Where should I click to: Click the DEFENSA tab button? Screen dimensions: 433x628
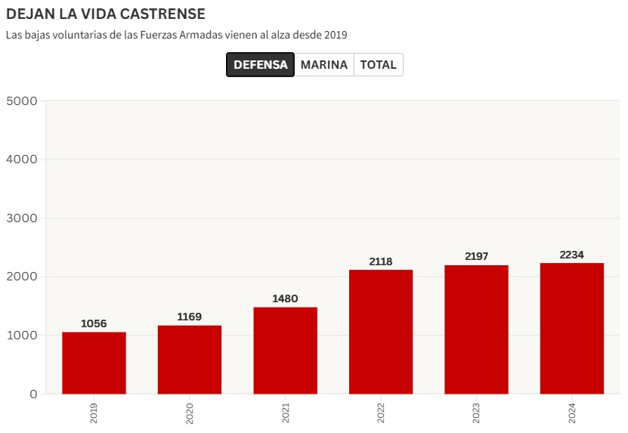[x=260, y=65]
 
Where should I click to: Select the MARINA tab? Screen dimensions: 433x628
[x=323, y=65]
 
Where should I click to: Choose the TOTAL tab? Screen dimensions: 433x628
[x=378, y=65]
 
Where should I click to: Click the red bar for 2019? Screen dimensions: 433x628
[x=94, y=363]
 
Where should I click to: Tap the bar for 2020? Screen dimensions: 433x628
[x=190, y=360]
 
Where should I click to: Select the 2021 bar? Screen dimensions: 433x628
[x=285, y=351]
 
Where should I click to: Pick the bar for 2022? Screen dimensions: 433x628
[x=381, y=332]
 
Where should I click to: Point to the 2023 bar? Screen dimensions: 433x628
[x=476, y=329]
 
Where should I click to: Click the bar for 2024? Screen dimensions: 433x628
[x=572, y=328]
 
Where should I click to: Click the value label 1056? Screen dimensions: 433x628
[x=94, y=324]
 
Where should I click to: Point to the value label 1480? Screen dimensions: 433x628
[x=285, y=299]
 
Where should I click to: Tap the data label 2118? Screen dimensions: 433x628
[x=381, y=261]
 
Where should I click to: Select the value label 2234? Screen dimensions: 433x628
[x=572, y=255]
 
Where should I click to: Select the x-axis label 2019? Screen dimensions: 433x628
[x=94, y=413]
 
